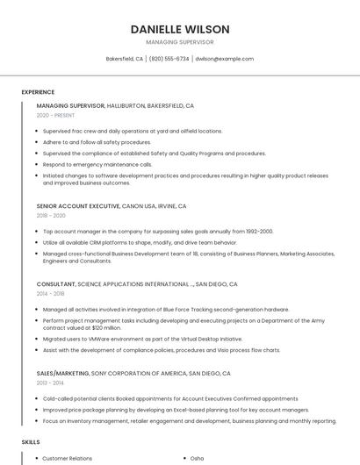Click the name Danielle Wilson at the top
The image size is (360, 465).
[179, 29]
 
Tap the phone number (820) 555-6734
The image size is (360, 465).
[169, 59]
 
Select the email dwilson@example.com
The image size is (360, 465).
[224, 59]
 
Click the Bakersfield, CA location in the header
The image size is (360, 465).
[125, 59]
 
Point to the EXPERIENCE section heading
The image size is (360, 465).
[38, 92]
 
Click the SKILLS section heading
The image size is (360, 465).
[31, 442]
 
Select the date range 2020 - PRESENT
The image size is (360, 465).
[56, 115]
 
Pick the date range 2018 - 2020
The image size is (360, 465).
[51, 215]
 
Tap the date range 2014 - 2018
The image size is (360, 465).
[51, 294]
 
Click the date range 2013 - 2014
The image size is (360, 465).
[51, 383]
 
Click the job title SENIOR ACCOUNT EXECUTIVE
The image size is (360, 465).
[78, 206]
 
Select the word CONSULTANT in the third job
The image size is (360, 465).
[56, 284]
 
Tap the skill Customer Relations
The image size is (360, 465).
[67, 458]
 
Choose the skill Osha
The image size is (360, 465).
[198, 458]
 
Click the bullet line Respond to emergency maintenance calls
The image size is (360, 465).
[97, 164]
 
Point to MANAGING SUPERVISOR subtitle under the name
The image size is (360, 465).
[179, 42]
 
